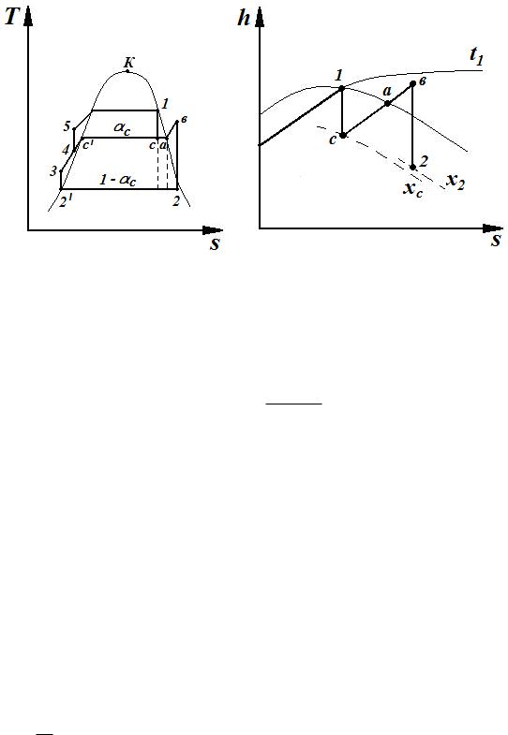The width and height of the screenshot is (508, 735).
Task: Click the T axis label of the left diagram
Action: (x=12, y=18)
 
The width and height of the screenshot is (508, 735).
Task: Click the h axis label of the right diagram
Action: (x=244, y=19)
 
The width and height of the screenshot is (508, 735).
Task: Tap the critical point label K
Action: (x=129, y=62)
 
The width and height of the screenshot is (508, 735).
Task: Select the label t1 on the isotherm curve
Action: (x=476, y=56)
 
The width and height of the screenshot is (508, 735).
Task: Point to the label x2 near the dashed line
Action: (x=456, y=180)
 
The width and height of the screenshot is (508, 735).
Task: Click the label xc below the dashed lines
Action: (x=413, y=189)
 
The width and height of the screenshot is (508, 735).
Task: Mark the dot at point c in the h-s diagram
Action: (x=343, y=136)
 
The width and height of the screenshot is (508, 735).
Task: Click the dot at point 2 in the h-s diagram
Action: (x=412, y=168)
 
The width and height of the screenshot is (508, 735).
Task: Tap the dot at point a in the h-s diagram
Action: (x=388, y=103)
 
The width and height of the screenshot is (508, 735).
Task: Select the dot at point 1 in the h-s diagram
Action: (x=342, y=88)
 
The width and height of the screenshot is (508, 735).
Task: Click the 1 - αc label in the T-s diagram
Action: (x=118, y=180)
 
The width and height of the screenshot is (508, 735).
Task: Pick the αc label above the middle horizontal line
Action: (x=122, y=128)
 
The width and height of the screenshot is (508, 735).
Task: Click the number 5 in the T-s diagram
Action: (x=67, y=126)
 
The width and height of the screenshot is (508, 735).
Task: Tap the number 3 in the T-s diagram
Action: (x=53, y=171)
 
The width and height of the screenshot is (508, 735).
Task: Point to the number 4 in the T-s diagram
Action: (x=66, y=150)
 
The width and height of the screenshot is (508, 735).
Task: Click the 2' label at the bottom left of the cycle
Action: (x=66, y=202)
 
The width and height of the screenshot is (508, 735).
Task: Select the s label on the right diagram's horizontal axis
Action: (x=496, y=241)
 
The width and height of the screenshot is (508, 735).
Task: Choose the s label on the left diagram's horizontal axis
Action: (x=215, y=243)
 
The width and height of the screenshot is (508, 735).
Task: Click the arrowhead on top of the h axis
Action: (x=260, y=17)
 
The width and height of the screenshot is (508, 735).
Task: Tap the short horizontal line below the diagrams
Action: (x=294, y=404)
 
